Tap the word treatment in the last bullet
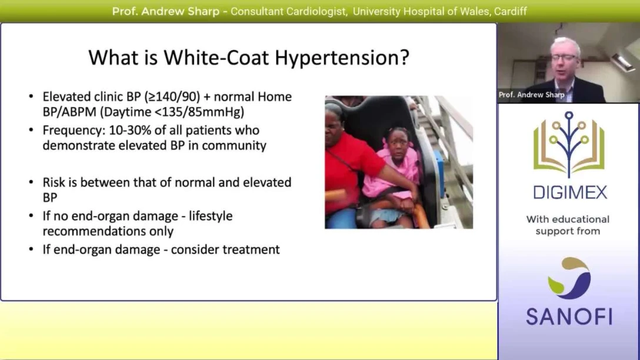(x=251, y=249)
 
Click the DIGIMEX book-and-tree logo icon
(x=568, y=144)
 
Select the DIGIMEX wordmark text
(x=568, y=192)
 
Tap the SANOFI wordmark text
(x=568, y=316)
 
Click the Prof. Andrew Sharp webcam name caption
(x=531, y=95)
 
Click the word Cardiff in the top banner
(x=509, y=11)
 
